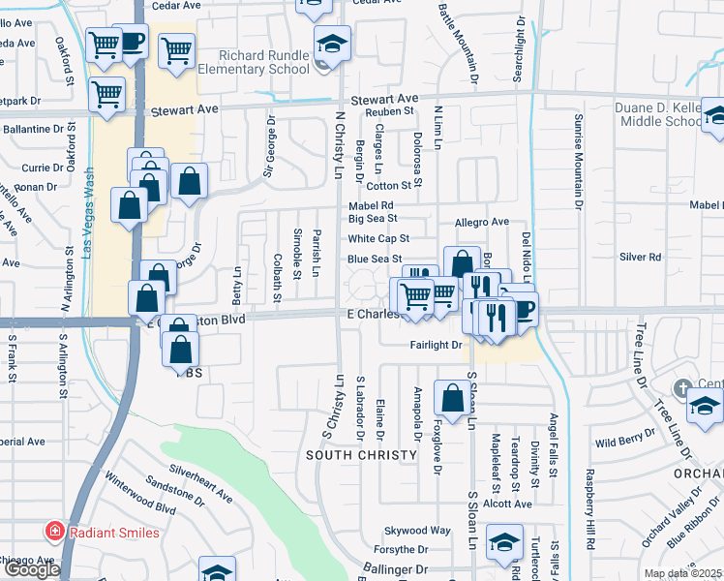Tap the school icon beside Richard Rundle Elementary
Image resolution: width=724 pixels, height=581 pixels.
point(332,45)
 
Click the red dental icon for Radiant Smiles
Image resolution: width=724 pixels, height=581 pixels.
point(55,532)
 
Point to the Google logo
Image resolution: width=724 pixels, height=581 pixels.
point(32,569)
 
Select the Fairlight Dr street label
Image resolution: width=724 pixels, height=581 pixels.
point(436,344)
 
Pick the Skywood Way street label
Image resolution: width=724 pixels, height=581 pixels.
point(418,531)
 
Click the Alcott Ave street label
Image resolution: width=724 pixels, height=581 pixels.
point(509,504)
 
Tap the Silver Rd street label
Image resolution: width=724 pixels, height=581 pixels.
point(640,257)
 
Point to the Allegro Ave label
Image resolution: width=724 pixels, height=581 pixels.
point(481,222)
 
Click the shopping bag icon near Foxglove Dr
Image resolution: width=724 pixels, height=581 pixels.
point(452,397)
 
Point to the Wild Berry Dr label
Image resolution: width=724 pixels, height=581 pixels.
point(619,443)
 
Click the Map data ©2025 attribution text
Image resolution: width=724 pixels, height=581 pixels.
point(681,573)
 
